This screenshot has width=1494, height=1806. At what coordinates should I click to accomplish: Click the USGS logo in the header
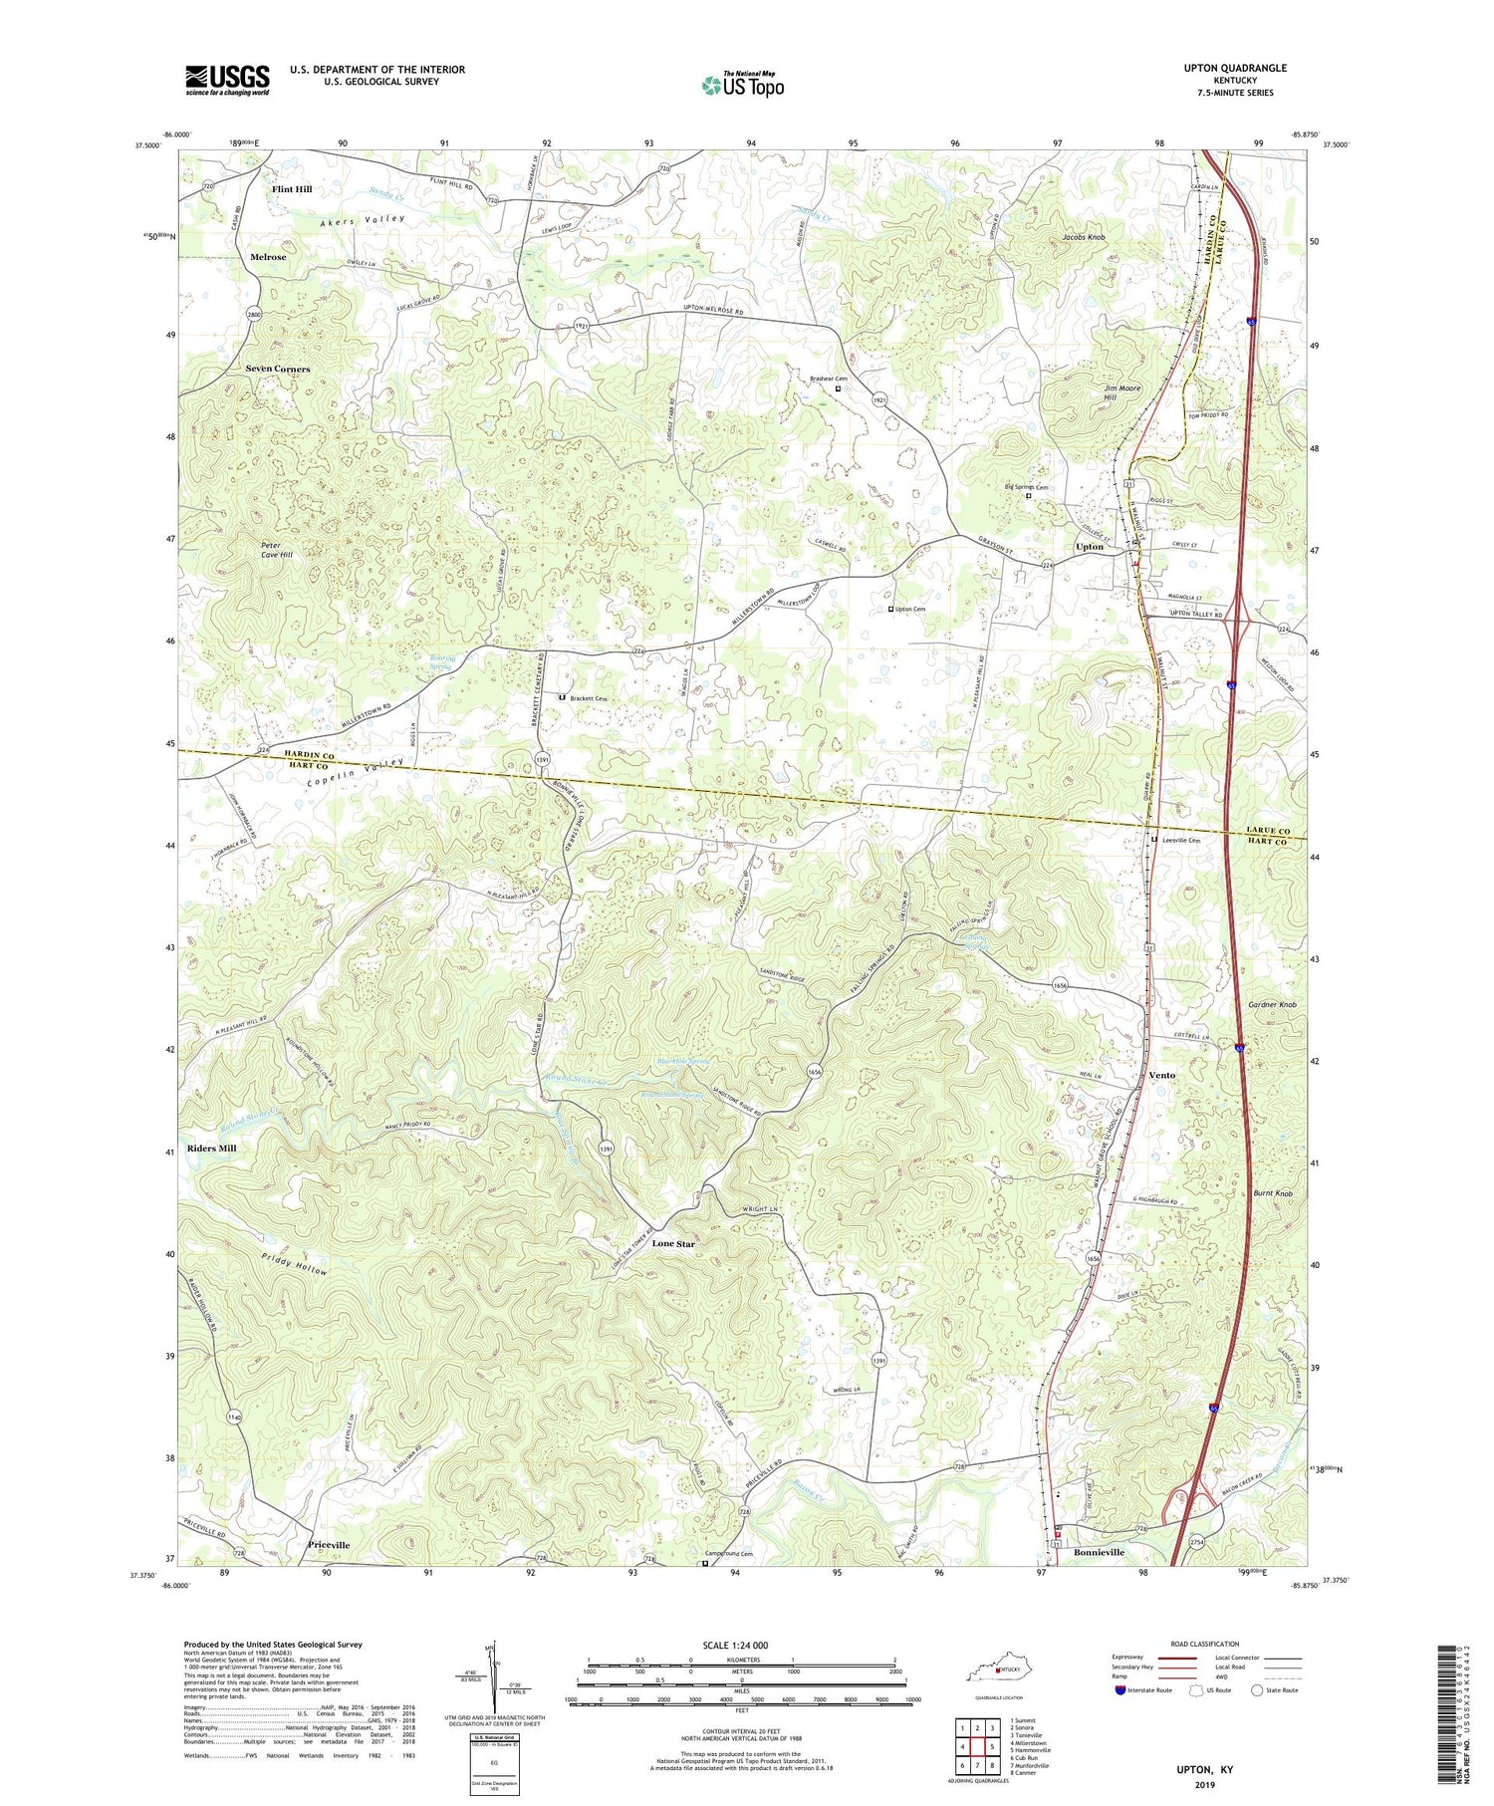227,80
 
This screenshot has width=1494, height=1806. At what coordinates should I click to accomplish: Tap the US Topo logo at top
742,85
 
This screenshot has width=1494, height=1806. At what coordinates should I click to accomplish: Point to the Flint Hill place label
292,189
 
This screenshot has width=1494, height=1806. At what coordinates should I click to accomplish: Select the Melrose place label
268,257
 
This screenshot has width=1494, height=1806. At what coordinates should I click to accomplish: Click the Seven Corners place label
278,369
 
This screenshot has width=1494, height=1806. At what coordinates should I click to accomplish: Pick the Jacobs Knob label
1084,237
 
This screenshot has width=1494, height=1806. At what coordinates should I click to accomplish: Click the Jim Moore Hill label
1122,392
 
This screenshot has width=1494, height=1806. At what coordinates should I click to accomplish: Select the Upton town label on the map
1090,547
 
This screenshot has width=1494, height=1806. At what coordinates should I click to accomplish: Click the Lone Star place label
673,1244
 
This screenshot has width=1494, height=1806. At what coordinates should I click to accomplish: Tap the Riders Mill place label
212,1149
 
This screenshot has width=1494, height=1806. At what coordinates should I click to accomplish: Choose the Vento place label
1161,1076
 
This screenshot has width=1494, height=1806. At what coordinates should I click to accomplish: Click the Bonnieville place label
1099,1553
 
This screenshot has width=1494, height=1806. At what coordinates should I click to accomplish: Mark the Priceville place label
329,1545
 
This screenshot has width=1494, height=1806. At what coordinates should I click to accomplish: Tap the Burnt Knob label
1273,1193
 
